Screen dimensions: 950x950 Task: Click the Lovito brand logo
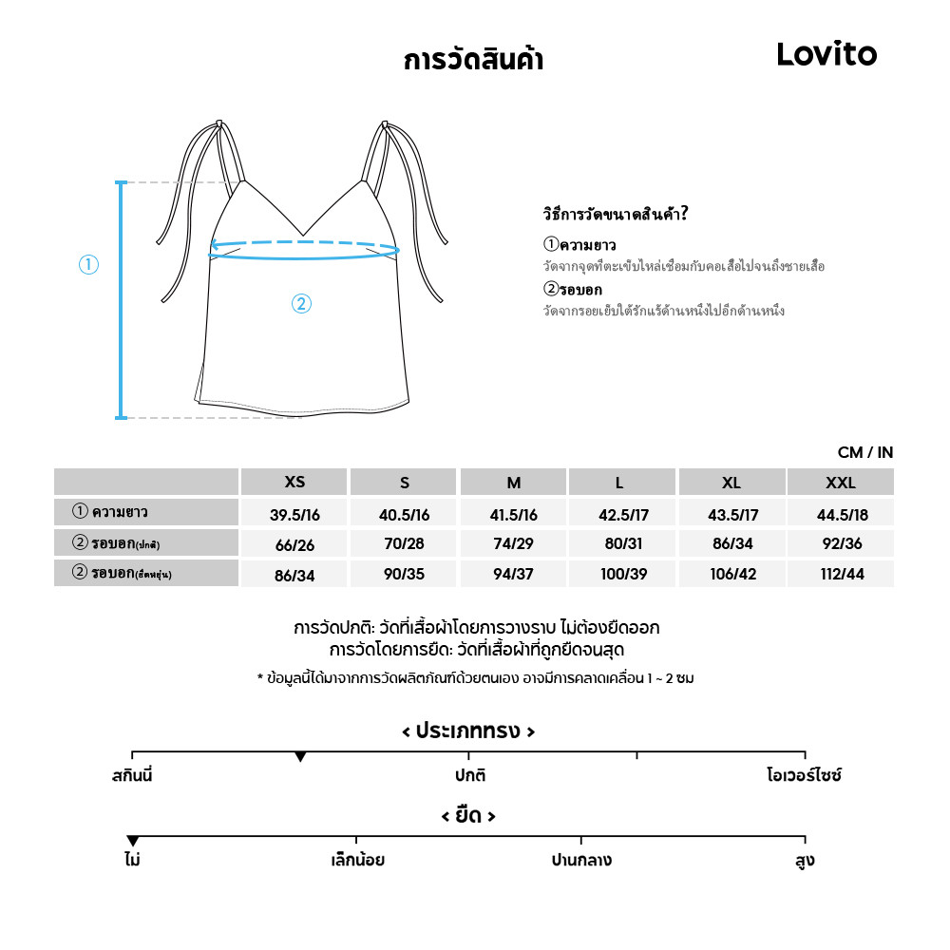coord(826,55)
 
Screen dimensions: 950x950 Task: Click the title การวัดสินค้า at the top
coord(473,61)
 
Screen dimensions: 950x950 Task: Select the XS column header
coord(294,483)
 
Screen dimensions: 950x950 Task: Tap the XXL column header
coord(840,483)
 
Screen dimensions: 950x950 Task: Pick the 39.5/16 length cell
coord(294,514)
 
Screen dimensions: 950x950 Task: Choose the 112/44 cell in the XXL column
coord(840,575)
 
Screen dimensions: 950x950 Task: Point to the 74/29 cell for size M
coord(514,544)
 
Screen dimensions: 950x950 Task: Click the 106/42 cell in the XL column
coord(731,575)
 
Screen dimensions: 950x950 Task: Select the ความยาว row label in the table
coord(119,512)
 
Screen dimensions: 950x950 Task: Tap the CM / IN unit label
coord(865,453)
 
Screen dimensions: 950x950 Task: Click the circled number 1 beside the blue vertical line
coord(88,265)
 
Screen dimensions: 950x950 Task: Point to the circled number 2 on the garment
coord(301,304)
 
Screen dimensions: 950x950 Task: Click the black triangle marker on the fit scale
coord(300,757)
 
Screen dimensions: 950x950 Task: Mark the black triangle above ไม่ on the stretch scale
coord(133,842)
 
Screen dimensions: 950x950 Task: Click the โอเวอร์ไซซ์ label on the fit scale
coord(804,775)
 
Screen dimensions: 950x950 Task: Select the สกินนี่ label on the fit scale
coord(132,775)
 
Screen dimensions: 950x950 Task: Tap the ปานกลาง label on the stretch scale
coord(581,861)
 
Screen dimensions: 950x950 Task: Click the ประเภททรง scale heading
coord(468,731)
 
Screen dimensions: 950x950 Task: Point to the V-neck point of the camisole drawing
coord(303,235)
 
